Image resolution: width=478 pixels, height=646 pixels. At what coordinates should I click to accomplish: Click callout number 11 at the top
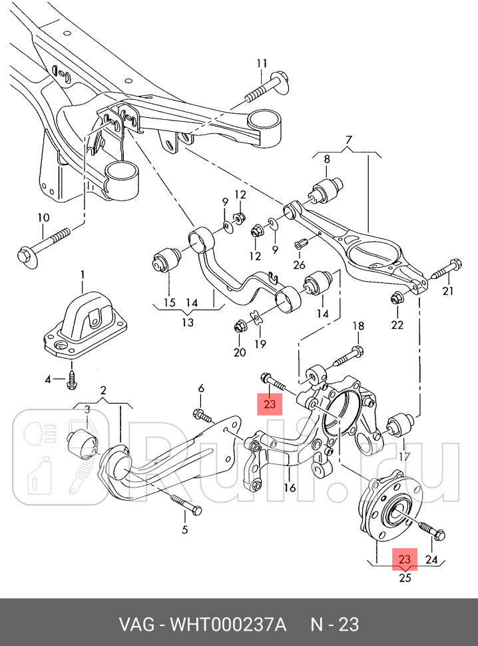tap(261, 64)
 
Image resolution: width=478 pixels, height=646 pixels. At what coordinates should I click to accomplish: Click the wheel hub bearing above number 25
tap(391, 512)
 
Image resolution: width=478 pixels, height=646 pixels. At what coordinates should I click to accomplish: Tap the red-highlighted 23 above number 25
tap(405, 558)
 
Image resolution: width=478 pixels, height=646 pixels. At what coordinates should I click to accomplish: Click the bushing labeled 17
tap(402, 424)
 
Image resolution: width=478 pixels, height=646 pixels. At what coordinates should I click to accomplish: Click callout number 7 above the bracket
tap(347, 140)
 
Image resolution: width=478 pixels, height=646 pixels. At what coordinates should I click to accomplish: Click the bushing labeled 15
tap(168, 260)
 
